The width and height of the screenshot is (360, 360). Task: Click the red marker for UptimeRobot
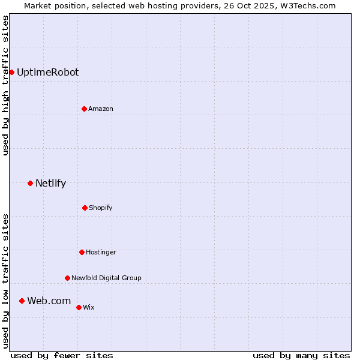pos(11,73)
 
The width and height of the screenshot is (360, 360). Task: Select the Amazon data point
pos(84,109)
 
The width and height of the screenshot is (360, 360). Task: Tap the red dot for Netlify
pos(30,183)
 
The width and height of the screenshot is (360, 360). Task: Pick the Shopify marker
pos(85,208)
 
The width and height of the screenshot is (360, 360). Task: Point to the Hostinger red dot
pos(82,252)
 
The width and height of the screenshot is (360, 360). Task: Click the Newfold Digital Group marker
pos(67,278)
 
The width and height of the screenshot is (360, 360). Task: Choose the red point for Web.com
pos(22,301)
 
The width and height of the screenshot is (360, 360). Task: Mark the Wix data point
pos(79,307)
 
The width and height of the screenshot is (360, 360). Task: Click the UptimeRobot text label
pos(47,73)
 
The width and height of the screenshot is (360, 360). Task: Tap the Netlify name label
pos(50,184)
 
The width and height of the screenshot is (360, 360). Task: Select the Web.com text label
pos(49,301)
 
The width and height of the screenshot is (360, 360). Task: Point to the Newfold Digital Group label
pos(106,278)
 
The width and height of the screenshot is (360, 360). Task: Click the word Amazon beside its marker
pos(101,109)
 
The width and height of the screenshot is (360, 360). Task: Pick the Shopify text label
pos(101,208)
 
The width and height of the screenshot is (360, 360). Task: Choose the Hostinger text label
pos(101,253)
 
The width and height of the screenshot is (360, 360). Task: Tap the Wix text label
pos(89,308)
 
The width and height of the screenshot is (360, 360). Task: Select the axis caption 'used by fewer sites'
pos(62,355)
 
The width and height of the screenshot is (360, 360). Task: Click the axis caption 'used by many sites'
pos(301,355)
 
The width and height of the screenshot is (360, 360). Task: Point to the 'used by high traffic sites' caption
pos(5,85)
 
